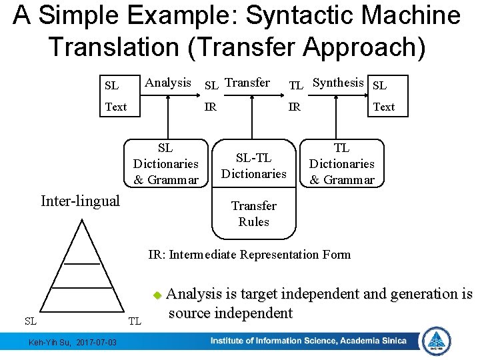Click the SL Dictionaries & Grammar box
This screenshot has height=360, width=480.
166,163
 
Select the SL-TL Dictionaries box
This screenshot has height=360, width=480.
253,165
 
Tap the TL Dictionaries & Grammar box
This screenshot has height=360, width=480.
342,163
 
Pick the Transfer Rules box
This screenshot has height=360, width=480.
253,214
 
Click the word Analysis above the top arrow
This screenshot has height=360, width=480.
167,83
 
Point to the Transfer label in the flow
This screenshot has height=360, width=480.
247,83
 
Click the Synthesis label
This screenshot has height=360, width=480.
338,83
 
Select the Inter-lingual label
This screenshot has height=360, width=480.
80,201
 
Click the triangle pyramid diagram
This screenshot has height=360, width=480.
82,267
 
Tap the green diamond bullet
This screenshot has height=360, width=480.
157,294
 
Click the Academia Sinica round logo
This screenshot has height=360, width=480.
437,341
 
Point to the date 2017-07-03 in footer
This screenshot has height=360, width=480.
96,343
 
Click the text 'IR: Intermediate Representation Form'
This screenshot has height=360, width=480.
249,254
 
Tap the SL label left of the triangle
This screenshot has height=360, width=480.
31,321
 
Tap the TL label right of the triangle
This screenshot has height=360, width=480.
135,321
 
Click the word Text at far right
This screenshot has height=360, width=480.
383,107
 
